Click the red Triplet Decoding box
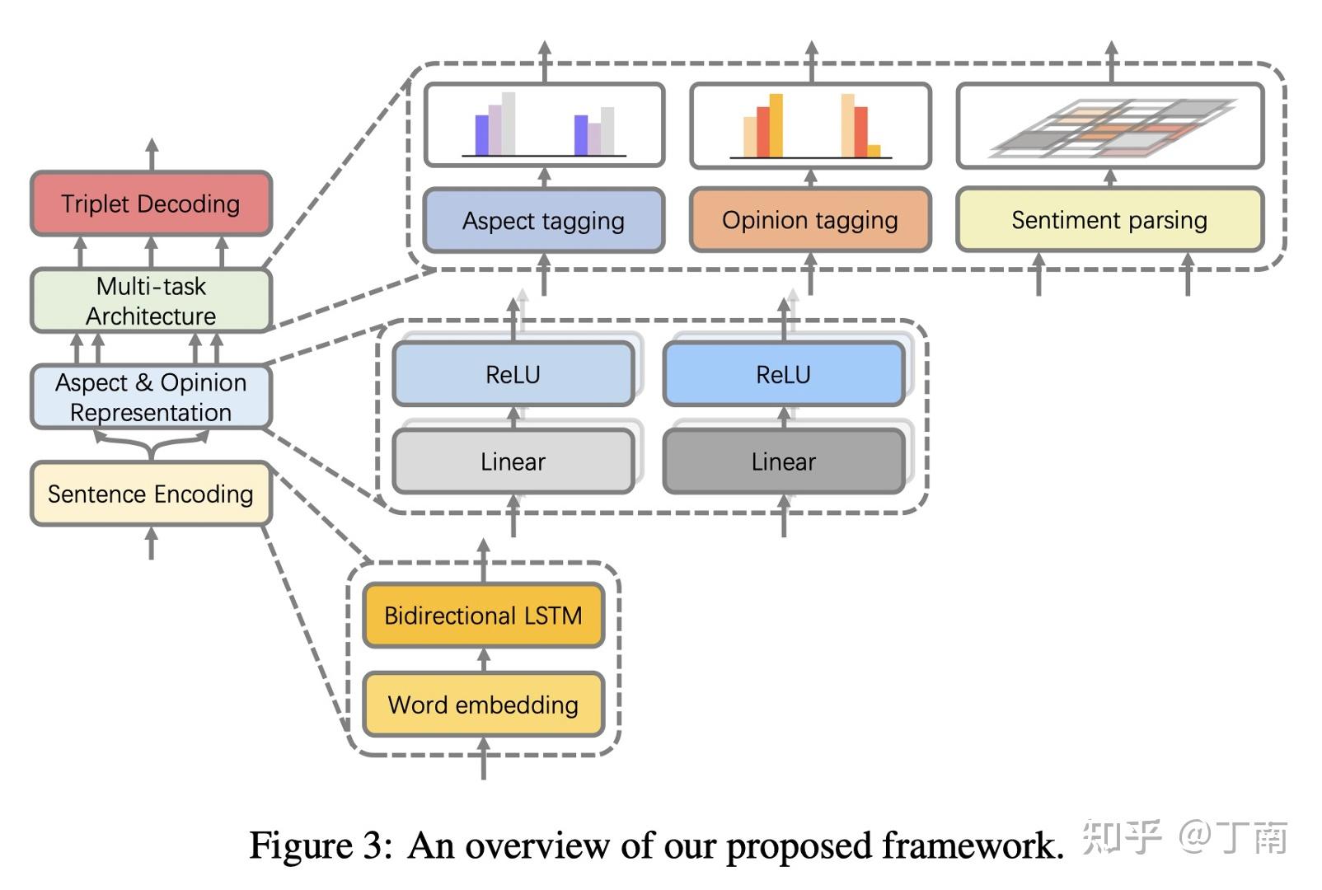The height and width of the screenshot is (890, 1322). (x=151, y=204)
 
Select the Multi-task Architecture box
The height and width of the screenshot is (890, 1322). (x=151, y=301)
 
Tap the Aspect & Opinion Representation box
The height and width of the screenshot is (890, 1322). (x=151, y=397)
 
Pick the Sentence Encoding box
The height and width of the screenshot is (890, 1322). (x=151, y=494)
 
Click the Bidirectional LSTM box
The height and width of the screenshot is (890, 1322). (x=483, y=616)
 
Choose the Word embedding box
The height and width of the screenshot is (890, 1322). (x=483, y=705)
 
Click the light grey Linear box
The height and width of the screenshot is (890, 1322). (x=513, y=461)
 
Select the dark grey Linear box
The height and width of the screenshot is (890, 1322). (x=783, y=461)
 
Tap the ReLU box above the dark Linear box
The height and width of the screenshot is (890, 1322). (x=783, y=374)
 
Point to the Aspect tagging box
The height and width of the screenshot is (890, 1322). (x=543, y=221)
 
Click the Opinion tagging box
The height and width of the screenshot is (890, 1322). (x=810, y=220)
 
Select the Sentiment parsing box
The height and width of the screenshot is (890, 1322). (x=1109, y=220)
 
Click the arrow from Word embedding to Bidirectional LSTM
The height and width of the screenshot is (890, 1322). (x=484, y=660)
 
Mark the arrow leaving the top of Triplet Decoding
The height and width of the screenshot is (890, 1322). (x=152, y=155)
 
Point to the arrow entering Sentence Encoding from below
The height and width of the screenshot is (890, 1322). (x=151, y=543)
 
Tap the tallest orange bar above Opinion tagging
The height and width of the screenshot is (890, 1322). (x=776, y=124)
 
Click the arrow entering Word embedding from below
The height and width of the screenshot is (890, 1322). (x=484, y=758)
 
